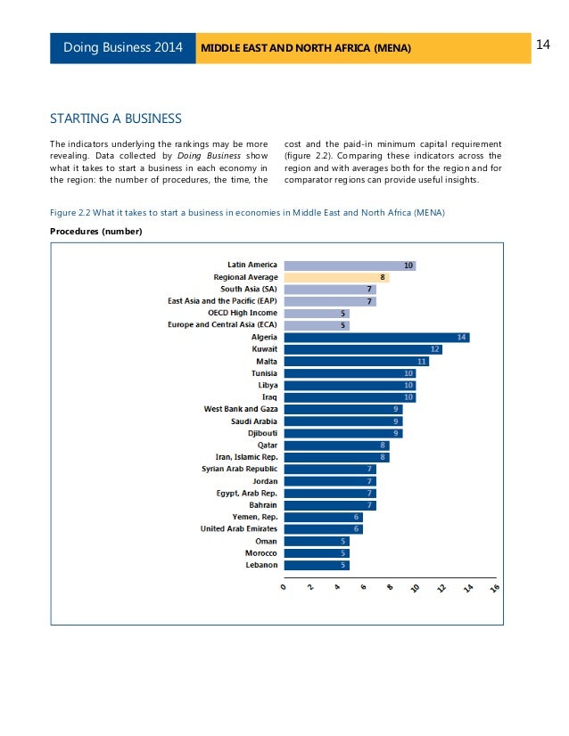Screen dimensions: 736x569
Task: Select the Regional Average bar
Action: (x=335, y=277)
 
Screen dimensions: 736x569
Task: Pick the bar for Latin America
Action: (x=349, y=266)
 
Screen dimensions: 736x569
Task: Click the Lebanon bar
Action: (x=316, y=565)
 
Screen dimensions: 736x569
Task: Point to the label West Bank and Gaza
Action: (x=241, y=409)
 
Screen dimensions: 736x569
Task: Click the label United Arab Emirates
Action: (x=238, y=528)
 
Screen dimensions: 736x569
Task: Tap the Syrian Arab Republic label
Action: (x=239, y=469)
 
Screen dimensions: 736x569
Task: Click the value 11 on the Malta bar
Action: (x=422, y=362)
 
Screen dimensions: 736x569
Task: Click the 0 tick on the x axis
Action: (x=284, y=589)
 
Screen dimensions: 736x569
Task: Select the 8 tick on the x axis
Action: (x=389, y=591)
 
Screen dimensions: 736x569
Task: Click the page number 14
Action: (x=545, y=45)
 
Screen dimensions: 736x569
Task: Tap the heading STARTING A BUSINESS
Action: (x=116, y=119)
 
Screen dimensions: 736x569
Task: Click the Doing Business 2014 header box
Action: (x=123, y=46)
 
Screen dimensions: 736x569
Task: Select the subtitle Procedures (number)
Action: (x=95, y=232)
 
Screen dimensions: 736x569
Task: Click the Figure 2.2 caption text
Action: (x=247, y=212)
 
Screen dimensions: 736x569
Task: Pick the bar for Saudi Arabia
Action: (x=342, y=421)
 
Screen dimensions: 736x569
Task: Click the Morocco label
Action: (x=259, y=552)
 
